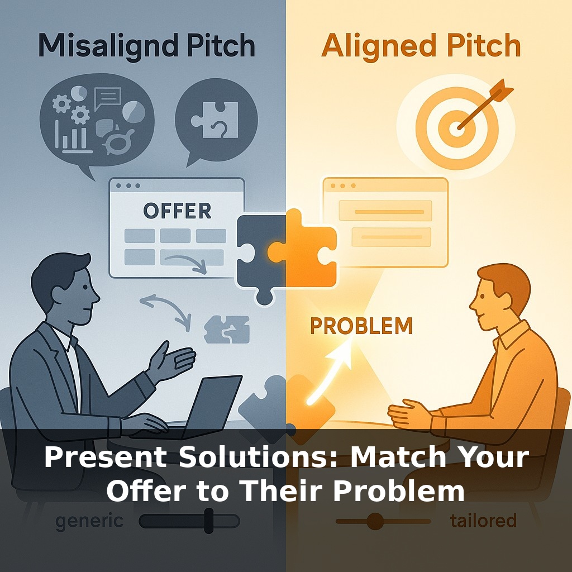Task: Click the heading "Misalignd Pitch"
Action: click(x=146, y=46)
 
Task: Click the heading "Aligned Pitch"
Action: click(x=421, y=46)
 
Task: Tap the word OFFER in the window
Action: click(x=177, y=211)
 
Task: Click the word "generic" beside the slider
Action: click(x=89, y=521)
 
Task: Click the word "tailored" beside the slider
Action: click(x=483, y=521)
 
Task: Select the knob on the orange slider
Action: click(x=375, y=521)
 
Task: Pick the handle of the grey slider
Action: click(x=209, y=521)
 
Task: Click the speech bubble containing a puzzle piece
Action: click(x=216, y=121)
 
